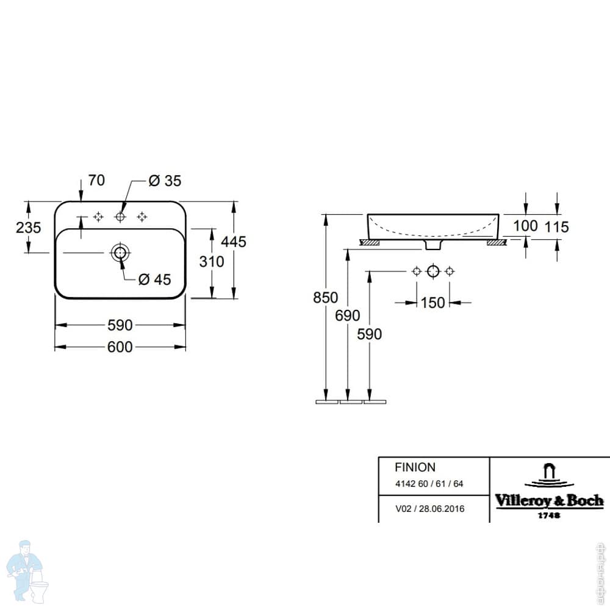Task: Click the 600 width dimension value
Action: click(120, 346)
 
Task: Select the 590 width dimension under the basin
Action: click(120, 325)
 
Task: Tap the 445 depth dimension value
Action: click(234, 242)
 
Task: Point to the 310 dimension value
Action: click(212, 262)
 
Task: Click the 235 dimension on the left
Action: click(28, 228)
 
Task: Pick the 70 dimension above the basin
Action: click(96, 180)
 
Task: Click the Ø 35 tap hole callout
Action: click(165, 181)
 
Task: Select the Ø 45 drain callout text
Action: click(154, 279)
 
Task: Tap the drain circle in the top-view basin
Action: click(120, 252)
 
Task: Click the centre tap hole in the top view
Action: click(120, 217)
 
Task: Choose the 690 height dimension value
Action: click(348, 315)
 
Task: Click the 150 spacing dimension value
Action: click(433, 302)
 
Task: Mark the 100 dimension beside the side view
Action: click(525, 226)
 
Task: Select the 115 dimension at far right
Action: click(556, 227)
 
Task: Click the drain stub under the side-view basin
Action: click(433, 245)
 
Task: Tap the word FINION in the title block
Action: click(415, 467)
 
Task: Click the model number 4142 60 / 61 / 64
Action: click(429, 484)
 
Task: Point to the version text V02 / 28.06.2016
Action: click(429, 509)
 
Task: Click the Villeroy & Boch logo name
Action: click(549, 501)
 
